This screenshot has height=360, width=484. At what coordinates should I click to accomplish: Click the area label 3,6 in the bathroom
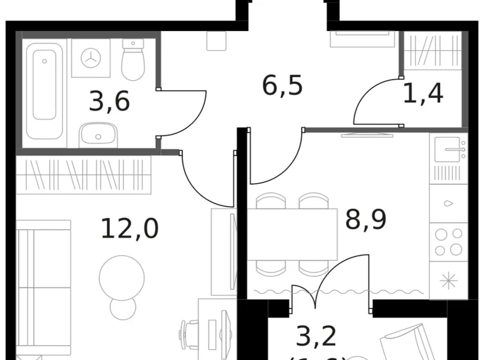point(109,101)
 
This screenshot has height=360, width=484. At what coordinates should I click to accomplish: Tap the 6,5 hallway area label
point(282,85)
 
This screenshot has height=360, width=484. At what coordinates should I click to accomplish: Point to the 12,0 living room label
point(130,228)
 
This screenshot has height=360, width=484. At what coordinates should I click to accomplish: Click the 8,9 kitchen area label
point(365,219)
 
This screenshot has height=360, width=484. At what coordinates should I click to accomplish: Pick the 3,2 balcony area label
point(316,336)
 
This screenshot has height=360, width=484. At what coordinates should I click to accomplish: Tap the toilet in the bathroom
point(133,61)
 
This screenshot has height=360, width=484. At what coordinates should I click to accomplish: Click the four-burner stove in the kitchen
point(448,241)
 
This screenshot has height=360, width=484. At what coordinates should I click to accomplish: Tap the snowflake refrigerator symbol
point(448,280)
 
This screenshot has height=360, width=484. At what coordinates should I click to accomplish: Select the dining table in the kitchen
point(292,234)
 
